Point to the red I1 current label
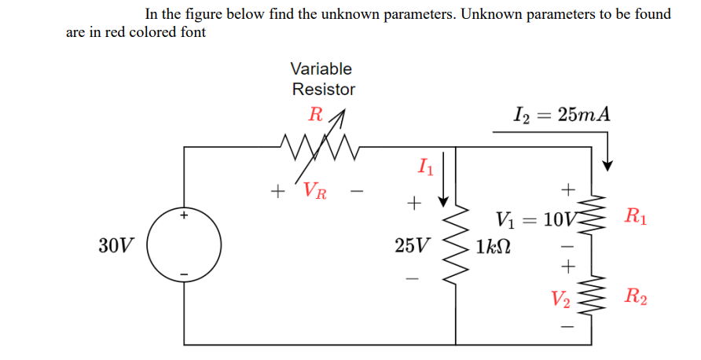pos(424,166)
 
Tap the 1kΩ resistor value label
pos(493,245)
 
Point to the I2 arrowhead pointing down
pos(607,163)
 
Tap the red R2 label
pos(635,296)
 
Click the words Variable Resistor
pos(322,79)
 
